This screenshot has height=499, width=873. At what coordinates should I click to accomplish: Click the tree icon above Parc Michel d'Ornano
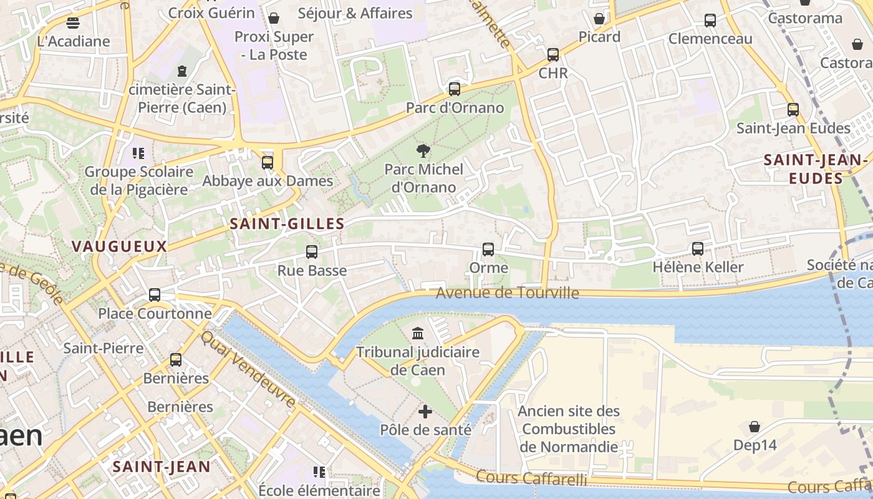coord(423,150)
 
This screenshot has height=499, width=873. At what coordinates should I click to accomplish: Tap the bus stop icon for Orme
coord(488,249)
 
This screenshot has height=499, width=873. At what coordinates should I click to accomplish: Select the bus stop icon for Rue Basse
coord(311,252)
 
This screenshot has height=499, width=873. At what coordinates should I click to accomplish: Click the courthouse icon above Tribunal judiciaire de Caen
coord(418,333)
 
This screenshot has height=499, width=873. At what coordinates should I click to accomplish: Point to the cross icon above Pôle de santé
coord(425,412)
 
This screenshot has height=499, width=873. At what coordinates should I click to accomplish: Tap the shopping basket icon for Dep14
coord(755,427)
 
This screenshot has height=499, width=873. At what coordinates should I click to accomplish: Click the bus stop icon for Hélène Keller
coord(698,248)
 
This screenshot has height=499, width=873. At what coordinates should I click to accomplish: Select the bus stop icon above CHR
coord(553,54)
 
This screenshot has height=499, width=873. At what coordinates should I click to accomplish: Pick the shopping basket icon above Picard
coord(599,19)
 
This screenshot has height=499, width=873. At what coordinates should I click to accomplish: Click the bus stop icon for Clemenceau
coord(710,21)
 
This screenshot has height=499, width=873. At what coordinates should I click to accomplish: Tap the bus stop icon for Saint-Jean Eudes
coord(793,110)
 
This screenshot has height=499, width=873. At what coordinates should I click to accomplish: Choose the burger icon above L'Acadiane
coord(73,23)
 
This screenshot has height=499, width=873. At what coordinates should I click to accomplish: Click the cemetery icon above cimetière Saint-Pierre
coord(182,71)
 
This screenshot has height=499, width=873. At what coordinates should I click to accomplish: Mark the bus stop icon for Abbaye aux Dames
coord(268,162)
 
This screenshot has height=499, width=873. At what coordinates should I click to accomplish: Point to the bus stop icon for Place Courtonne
coord(155,295)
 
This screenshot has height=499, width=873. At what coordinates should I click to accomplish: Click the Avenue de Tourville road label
coord(507,293)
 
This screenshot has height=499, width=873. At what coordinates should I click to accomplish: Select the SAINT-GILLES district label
coord(287,224)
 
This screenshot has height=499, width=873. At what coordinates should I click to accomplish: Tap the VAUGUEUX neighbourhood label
coord(119,246)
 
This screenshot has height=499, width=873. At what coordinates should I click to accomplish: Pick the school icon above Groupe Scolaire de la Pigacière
coord(138,153)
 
